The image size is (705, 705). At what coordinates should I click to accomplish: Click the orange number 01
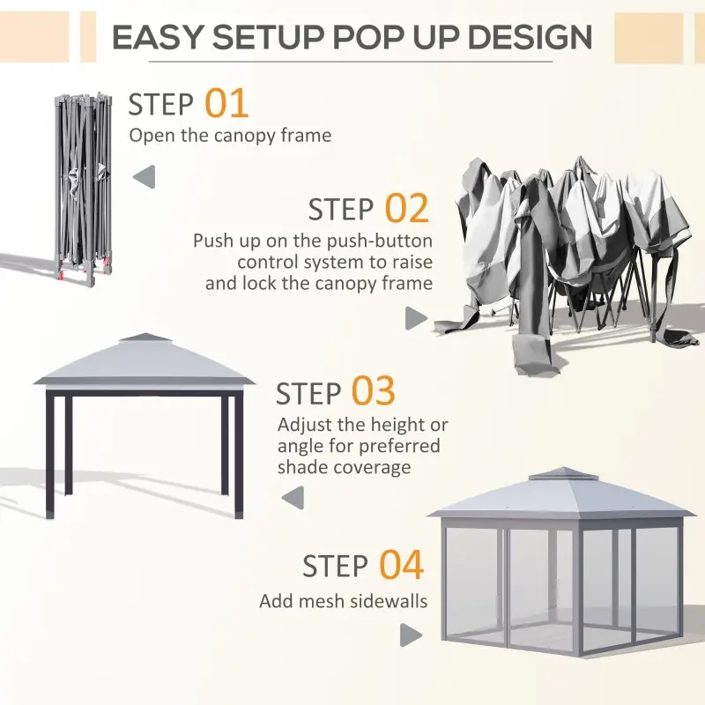[226, 103]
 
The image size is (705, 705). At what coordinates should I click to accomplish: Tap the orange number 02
[406, 209]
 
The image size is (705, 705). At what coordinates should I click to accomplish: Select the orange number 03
[373, 392]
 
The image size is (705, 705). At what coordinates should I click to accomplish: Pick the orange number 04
[401, 565]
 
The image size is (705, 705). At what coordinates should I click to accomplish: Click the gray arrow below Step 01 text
[144, 177]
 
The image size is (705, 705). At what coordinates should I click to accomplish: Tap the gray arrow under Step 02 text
[416, 319]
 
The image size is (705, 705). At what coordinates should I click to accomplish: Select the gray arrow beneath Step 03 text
[292, 498]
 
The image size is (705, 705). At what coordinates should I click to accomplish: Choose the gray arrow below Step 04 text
[411, 634]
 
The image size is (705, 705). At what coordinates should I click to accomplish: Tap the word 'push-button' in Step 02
[383, 241]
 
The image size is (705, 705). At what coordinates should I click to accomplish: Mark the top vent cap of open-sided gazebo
[144, 339]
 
